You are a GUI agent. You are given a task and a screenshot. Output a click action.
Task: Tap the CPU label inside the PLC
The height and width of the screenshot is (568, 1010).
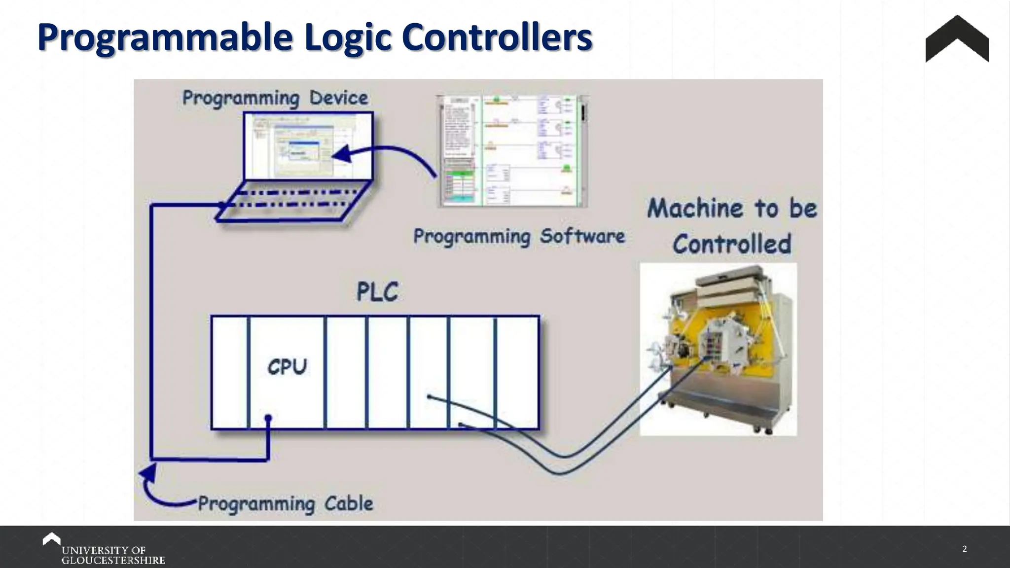pyautogui.click(x=287, y=367)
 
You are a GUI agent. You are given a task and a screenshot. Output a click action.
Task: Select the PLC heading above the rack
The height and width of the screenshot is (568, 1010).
pyautogui.click(x=377, y=292)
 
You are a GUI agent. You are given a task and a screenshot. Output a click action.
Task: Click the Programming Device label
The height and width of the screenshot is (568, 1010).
pyautogui.click(x=275, y=98)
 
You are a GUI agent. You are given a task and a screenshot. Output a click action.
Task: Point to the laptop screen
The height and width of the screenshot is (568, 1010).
pyautogui.click(x=308, y=146)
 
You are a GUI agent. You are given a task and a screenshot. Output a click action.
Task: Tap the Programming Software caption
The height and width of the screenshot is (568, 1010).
pyautogui.click(x=519, y=236)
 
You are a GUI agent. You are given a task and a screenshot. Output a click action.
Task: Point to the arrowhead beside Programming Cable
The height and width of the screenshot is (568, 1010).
pyautogui.click(x=148, y=474)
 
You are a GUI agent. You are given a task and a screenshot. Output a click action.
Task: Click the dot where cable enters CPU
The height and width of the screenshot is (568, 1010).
pyautogui.click(x=268, y=419)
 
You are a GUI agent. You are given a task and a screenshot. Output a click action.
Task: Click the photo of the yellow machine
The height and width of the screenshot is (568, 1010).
pyautogui.click(x=718, y=349)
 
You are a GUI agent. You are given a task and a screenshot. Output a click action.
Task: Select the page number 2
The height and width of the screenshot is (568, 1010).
pyautogui.click(x=965, y=549)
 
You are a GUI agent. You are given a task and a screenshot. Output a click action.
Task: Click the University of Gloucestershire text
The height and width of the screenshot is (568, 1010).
pyautogui.click(x=113, y=555)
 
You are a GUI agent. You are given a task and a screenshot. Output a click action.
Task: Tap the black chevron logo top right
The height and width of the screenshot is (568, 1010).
pyautogui.click(x=957, y=39)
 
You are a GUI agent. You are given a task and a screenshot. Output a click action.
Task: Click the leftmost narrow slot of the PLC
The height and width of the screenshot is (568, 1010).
pyautogui.click(x=230, y=373)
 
